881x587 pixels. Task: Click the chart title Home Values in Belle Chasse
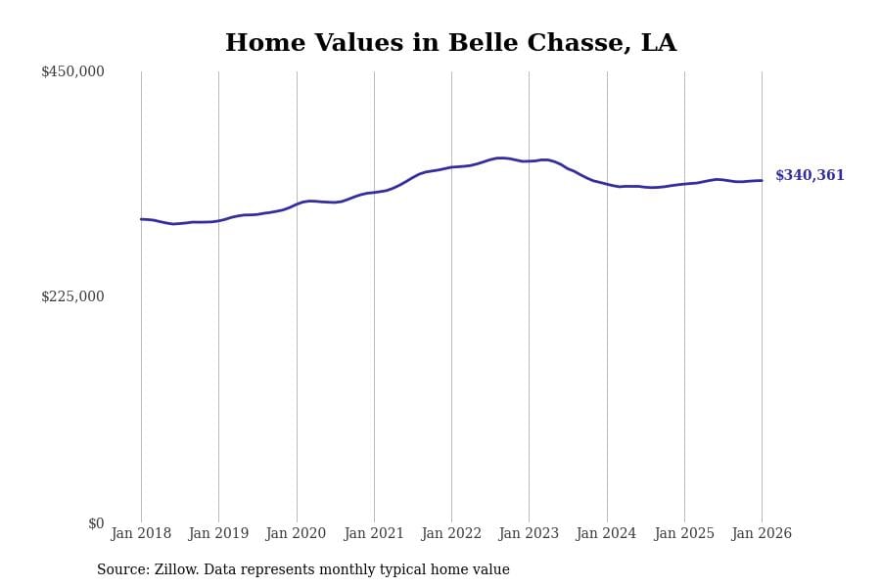[x=450, y=44]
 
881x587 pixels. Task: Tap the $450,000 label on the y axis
[x=72, y=71]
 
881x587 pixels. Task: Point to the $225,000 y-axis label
[x=72, y=296]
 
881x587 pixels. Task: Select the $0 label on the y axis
[x=96, y=523]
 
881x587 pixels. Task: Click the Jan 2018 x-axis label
[x=141, y=534]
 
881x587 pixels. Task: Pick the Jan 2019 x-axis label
[x=218, y=534]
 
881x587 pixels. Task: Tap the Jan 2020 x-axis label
[x=296, y=534]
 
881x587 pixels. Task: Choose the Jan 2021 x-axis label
[x=374, y=534]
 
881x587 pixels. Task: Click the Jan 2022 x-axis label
[x=451, y=534]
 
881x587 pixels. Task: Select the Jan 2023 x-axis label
[x=529, y=534]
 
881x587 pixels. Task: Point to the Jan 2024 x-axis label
[x=606, y=534]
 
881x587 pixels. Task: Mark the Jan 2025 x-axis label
[x=684, y=534]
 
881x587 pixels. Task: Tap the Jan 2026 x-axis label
[x=762, y=534]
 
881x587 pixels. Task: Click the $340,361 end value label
[x=810, y=176]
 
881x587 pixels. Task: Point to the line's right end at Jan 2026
[x=762, y=180]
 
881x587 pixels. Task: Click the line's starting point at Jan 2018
[x=141, y=219]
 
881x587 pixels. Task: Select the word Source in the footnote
[x=121, y=570]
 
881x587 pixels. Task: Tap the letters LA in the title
[x=658, y=44]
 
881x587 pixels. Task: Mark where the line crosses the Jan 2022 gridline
[x=451, y=167]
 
